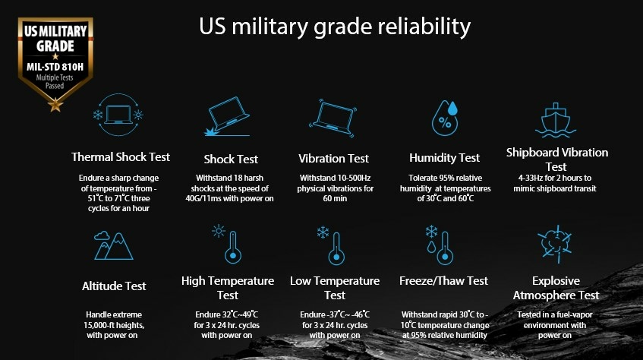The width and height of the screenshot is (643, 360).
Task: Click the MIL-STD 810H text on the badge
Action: click(x=55, y=67)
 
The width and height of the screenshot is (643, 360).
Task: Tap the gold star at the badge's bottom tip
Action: click(x=55, y=104)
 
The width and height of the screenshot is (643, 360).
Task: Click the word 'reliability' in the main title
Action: click(x=424, y=27)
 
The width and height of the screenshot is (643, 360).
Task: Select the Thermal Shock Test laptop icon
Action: click(x=118, y=115)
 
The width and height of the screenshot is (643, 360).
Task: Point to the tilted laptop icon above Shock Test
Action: click(x=228, y=116)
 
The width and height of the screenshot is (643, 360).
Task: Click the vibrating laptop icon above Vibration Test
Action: click(x=333, y=118)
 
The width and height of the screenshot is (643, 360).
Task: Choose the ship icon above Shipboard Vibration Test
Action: click(x=556, y=120)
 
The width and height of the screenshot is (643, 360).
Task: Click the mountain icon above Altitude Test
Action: click(x=114, y=245)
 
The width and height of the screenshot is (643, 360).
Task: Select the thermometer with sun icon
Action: click(x=227, y=244)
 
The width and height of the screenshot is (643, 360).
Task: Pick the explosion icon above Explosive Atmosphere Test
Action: click(x=556, y=244)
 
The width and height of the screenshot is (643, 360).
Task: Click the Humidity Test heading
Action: click(x=445, y=158)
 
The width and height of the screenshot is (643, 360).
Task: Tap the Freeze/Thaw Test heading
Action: click(x=443, y=281)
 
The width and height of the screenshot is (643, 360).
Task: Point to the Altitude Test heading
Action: click(x=114, y=286)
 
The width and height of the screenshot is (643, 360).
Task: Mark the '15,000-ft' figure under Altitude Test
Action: click(x=100, y=326)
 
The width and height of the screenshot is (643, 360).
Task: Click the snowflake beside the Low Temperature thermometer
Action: click(x=323, y=232)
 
